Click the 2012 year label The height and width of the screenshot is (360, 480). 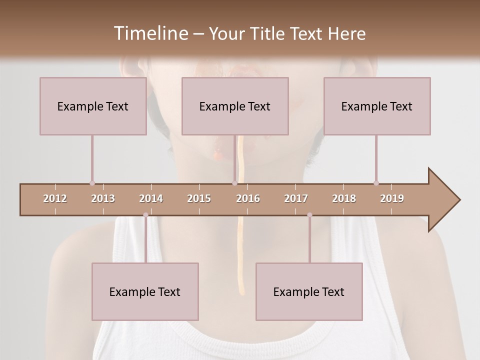(55, 198)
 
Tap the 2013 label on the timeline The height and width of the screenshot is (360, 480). (103, 198)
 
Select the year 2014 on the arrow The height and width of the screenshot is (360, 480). (151, 198)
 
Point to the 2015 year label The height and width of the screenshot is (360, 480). (199, 198)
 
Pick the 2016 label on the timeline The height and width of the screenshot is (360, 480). (248, 198)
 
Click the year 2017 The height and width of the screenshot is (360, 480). (296, 198)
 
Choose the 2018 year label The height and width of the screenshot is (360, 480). (344, 198)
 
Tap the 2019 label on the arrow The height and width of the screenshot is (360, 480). (392, 198)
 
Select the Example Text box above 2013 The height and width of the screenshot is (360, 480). (93, 106)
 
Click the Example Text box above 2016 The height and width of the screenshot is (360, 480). (235, 106)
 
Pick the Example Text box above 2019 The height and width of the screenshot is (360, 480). (377, 106)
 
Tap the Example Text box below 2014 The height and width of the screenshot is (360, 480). (145, 291)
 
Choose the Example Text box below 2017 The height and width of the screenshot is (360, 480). (309, 291)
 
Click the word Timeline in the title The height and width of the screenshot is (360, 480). (150, 33)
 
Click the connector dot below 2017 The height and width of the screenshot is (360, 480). (309, 215)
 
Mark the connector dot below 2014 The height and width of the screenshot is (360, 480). (145, 215)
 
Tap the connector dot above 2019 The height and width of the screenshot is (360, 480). (376, 183)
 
